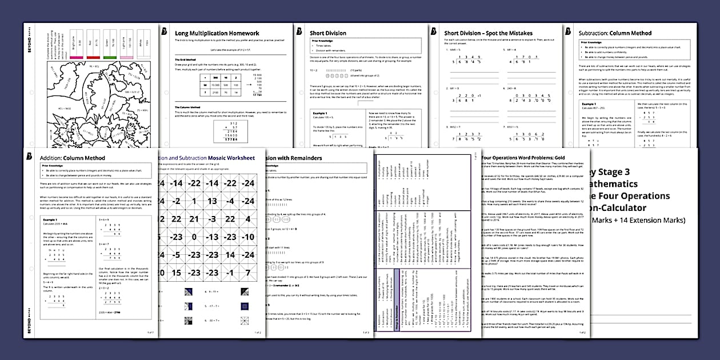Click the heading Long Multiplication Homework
coord(217,33)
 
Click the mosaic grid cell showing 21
coord(194,218)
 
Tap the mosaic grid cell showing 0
coord(194,237)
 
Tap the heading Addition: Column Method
coord(73,157)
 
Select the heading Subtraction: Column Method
coord(615,33)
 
